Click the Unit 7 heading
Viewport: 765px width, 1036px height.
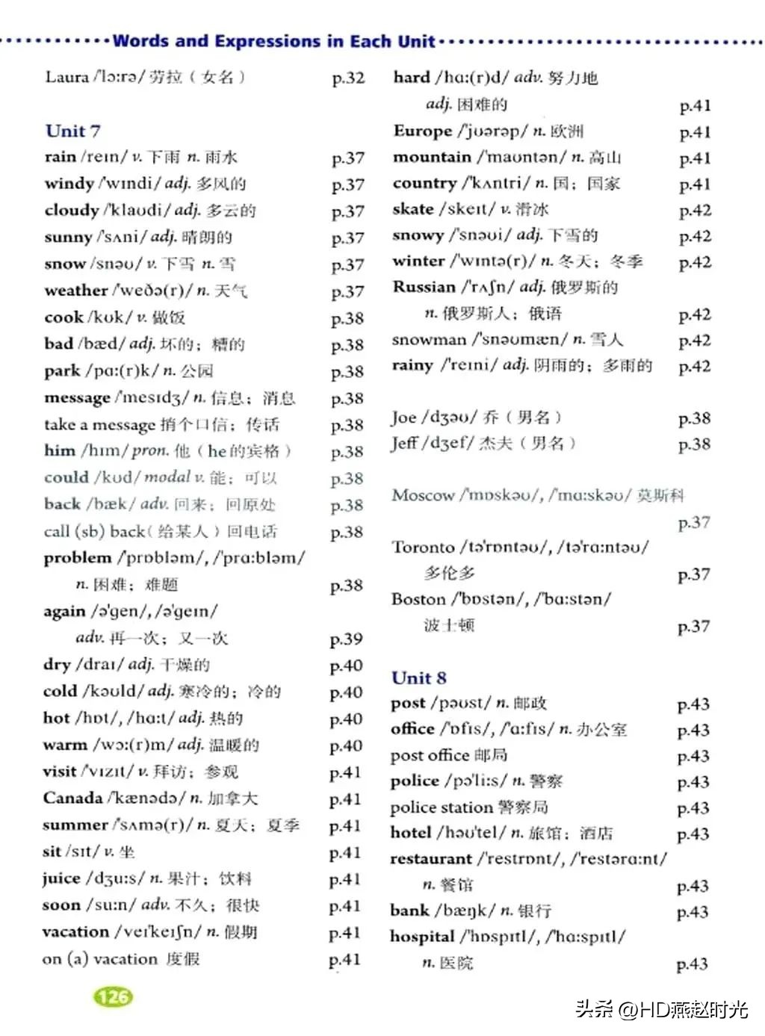(72, 131)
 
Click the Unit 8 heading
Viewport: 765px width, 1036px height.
(418, 678)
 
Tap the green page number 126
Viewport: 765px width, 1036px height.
(113, 996)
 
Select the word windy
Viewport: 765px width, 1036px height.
(69, 184)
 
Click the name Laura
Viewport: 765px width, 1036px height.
(66, 77)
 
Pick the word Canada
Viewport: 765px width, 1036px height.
(72, 798)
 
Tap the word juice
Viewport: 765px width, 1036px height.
(61, 878)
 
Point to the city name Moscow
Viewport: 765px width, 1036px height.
(423, 495)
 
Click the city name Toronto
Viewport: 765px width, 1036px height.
(423, 548)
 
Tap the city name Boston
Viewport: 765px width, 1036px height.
(418, 599)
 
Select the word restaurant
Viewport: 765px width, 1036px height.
(431, 859)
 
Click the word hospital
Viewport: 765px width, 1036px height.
(422, 937)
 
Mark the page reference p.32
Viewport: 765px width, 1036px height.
(348, 78)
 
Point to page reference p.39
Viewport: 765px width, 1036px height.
(346, 639)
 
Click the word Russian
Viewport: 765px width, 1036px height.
(424, 288)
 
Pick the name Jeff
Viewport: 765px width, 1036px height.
(404, 444)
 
